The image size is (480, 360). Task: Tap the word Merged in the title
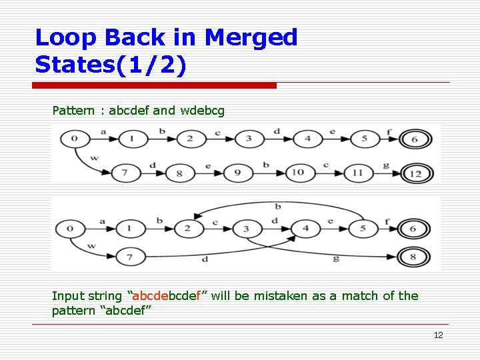click(251, 37)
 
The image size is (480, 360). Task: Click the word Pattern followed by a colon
click(73, 110)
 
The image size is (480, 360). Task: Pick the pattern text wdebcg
click(202, 110)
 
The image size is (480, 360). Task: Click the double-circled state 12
click(417, 173)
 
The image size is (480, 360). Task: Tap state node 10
click(298, 173)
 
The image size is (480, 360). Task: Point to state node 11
click(357, 173)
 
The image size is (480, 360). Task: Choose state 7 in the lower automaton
click(131, 256)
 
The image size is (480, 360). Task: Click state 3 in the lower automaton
click(247, 229)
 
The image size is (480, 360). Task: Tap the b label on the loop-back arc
click(277, 207)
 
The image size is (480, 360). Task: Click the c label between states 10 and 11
click(327, 165)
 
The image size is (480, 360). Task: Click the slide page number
click(438, 335)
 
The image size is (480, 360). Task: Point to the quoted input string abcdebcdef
click(170, 296)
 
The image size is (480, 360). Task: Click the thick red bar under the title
click(155, 85)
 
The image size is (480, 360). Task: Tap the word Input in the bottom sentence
click(68, 296)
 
